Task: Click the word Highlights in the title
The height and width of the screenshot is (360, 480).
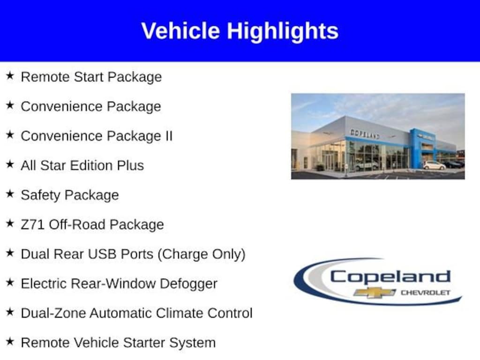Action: (283, 31)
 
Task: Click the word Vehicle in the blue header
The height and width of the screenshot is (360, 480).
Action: (180, 31)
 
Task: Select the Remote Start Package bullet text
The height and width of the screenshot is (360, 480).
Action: (91, 77)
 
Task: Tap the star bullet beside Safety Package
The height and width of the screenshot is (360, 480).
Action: (10, 194)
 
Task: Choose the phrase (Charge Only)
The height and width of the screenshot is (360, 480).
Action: (201, 255)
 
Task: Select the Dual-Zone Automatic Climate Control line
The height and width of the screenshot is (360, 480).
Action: (136, 313)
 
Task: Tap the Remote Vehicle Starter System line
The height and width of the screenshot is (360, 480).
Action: (118, 343)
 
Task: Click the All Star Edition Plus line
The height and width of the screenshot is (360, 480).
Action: (82, 165)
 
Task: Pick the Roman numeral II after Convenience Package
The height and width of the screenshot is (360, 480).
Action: (168, 136)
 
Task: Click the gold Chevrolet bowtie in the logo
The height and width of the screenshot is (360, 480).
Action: (374, 292)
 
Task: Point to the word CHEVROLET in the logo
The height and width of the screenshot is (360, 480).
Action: (425, 293)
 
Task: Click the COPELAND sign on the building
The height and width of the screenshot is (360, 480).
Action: (365, 134)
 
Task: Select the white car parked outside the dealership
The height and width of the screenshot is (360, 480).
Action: (434, 165)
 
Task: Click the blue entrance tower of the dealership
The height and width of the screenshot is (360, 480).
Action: (416, 147)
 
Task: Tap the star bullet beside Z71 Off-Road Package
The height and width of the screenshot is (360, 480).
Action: (10, 224)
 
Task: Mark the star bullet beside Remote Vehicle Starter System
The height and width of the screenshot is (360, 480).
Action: (10, 342)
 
